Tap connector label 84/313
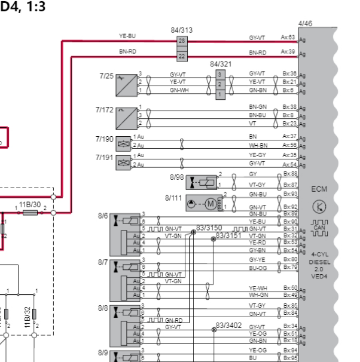click(182, 30)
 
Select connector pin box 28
click(182, 41)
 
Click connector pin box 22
click(182, 56)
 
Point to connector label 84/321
click(220, 63)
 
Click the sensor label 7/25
click(106, 76)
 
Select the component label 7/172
click(104, 110)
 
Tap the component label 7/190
click(104, 139)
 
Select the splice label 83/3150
click(209, 228)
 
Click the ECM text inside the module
click(319, 189)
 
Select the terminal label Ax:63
click(288, 37)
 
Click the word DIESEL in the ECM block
click(319, 262)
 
